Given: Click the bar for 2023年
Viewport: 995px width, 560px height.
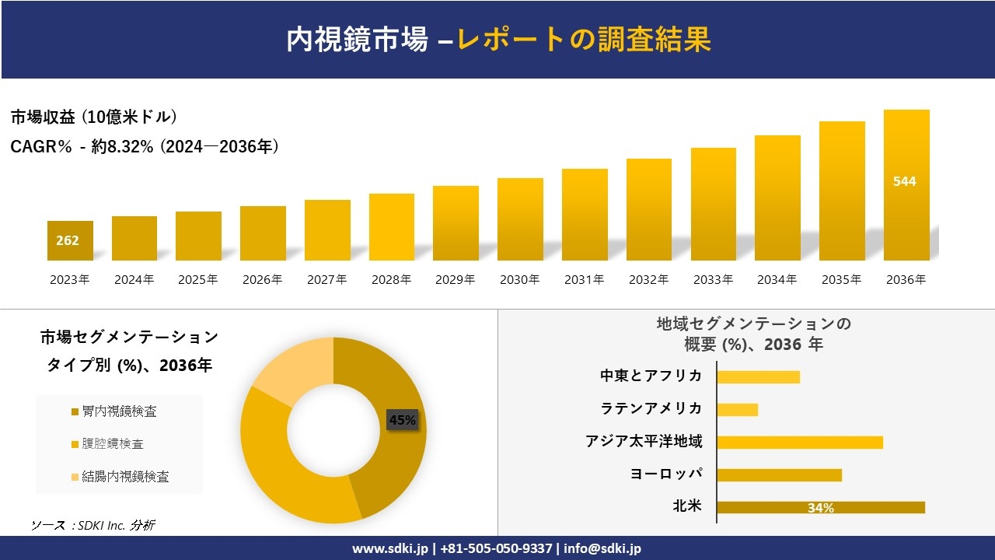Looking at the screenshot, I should (70, 241).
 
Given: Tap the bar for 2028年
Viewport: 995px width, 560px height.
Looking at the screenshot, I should (392, 227).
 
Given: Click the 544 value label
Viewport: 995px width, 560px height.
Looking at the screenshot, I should (905, 181).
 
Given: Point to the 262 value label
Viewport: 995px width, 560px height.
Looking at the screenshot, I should (68, 240).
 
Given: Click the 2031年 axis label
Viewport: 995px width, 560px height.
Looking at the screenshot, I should (584, 280).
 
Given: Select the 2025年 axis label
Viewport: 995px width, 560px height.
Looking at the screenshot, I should (198, 280).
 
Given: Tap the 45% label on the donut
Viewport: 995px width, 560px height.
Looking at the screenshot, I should (403, 420).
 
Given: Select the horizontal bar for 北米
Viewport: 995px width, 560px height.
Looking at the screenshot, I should (821, 507).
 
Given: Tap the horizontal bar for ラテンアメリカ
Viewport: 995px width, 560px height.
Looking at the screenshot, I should (737, 409).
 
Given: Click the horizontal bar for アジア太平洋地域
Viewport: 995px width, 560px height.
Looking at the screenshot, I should (800, 442).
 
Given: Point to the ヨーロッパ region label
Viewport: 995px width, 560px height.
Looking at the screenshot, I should (666, 474).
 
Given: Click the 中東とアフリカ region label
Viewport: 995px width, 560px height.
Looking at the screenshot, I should (651, 376).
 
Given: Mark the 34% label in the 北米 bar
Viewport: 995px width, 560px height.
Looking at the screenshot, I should (821, 508).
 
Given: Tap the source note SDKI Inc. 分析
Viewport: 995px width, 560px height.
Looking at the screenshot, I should (93, 525).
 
